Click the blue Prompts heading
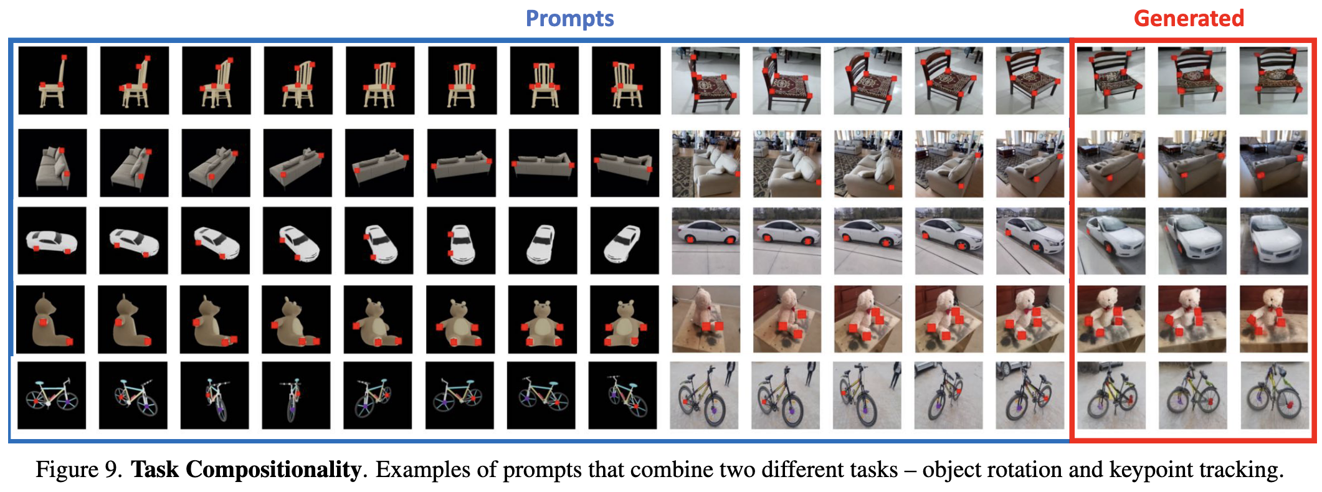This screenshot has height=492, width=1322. (569, 19)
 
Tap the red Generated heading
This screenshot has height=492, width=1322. (1188, 19)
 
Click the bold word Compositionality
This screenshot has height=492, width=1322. (273, 470)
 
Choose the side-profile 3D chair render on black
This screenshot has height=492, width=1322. (52, 80)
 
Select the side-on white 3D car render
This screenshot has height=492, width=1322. (52, 240)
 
